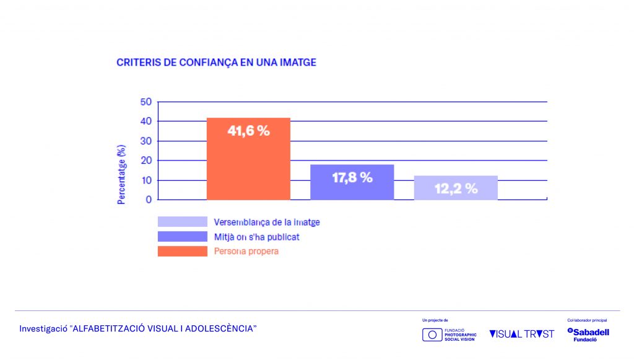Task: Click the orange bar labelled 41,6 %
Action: click(248, 159)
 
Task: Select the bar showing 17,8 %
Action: click(352, 182)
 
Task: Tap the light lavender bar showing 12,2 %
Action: click(456, 188)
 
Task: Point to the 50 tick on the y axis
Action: click(145, 102)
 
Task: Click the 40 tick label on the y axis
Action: click(145, 121)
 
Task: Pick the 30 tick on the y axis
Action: click(145, 141)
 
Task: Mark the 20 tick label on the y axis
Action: click(145, 160)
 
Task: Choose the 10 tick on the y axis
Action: click(145, 180)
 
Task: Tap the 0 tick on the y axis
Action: click(149, 200)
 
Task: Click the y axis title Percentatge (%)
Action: click(122, 174)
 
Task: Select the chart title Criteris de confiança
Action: click(217, 63)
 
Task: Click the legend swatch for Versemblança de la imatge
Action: click(182, 222)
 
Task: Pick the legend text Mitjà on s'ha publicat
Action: click(256, 237)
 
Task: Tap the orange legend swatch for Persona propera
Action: click(182, 251)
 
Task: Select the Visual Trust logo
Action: click(521, 334)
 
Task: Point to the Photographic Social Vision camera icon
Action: click(432, 335)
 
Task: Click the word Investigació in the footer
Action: click(43, 328)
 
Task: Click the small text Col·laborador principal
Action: click(587, 320)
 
